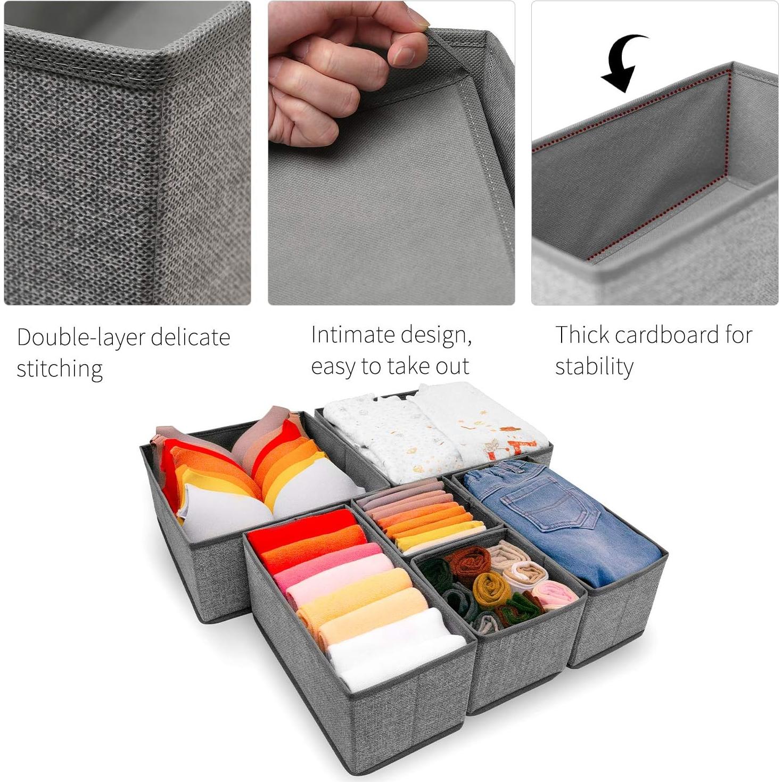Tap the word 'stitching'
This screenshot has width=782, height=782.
pos(60,369)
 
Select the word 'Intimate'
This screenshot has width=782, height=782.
pos(352,335)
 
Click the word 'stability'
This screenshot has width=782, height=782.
pos(594,366)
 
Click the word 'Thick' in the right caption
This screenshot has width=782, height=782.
pos(582,335)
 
